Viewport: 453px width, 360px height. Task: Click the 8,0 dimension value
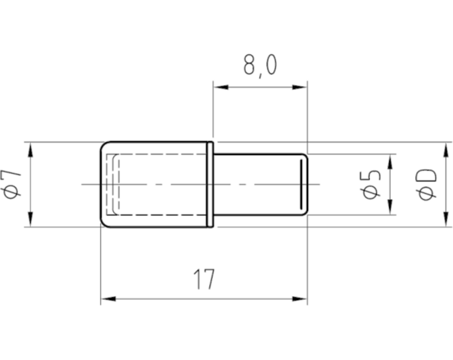[x=260, y=66]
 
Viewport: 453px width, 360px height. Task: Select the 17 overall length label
[x=205, y=279]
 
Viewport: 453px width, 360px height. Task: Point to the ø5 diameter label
[x=371, y=185]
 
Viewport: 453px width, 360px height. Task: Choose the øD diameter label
[x=427, y=185]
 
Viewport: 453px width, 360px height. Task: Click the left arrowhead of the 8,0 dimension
[x=221, y=87]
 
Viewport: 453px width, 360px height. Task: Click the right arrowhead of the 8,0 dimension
[x=299, y=87]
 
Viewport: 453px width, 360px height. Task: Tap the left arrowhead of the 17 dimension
[x=108, y=299]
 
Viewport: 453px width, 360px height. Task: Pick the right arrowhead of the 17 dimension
[x=299, y=299]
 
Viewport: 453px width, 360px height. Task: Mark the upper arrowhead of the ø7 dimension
[x=31, y=150]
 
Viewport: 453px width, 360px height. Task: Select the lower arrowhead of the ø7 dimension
[x=31, y=219]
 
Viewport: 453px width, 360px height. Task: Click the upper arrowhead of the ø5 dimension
[x=391, y=162]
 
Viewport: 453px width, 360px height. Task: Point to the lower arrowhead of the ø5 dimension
[x=391, y=207]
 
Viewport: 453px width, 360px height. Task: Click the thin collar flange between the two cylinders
[x=211, y=185]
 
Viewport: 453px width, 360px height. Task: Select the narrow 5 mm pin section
[x=260, y=185]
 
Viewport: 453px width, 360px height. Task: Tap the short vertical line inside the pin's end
[x=301, y=185]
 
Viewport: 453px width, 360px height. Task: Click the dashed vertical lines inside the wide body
[x=113, y=185]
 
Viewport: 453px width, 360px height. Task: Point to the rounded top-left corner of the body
[x=104, y=145]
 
